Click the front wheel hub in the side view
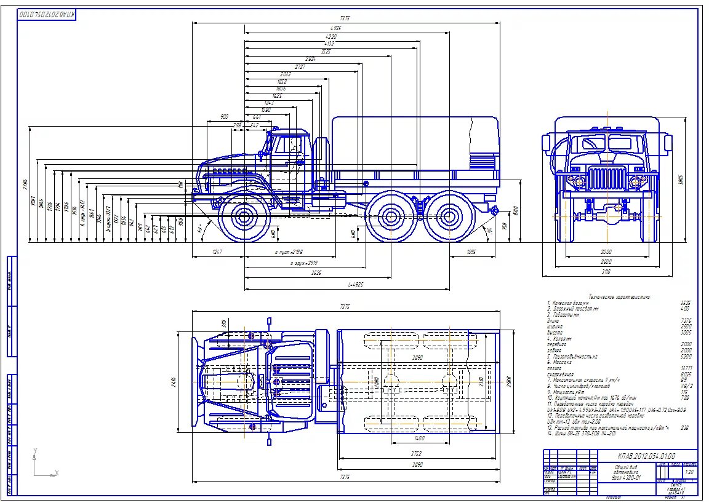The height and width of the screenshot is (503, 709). [245, 216]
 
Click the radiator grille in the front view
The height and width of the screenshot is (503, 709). [607, 178]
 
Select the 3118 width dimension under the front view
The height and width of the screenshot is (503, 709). [607, 271]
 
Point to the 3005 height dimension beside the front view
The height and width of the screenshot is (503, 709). [681, 180]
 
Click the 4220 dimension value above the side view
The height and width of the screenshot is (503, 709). [331, 36]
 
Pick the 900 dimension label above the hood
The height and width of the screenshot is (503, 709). [224, 117]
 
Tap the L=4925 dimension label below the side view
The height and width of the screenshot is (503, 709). [356, 285]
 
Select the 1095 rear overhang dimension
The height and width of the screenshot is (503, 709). [472, 252]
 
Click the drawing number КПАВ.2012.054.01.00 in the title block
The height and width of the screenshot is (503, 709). [646, 456]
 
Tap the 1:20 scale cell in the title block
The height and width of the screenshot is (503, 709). [689, 472]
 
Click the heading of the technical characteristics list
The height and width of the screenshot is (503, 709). [619, 297]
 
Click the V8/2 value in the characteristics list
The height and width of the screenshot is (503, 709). [684, 386]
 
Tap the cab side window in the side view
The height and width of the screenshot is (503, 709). [286, 145]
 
